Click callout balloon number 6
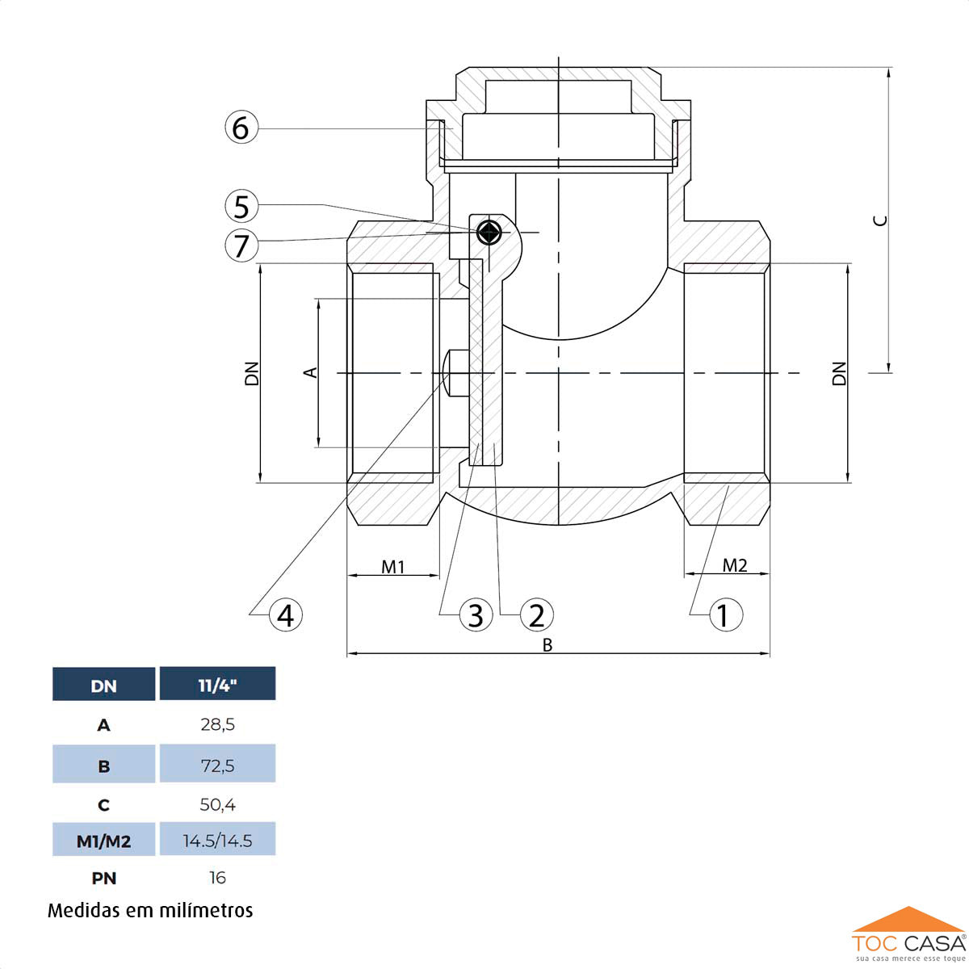point(241,128)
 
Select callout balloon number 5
point(241,207)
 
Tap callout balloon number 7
point(241,244)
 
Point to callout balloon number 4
point(285,615)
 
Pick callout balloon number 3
point(475,615)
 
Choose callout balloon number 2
point(536,615)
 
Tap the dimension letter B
point(547,645)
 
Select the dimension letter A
point(310,372)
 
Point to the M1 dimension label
point(393,567)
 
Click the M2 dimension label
point(735,565)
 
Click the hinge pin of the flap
point(489,233)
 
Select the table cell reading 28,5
point(217,724)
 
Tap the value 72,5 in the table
point(217,765)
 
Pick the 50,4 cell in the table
point(217,804)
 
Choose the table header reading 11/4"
point(217,686)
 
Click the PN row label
point(103,878)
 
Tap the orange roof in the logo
point(908,920)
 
